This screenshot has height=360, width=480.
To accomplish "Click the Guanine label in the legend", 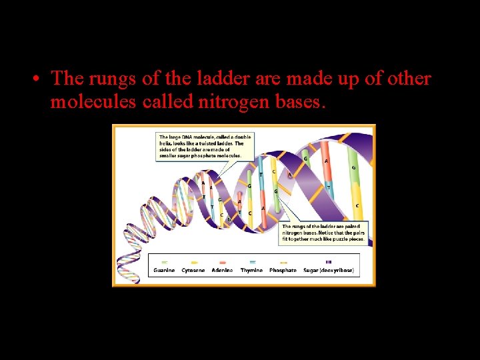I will [163, 271].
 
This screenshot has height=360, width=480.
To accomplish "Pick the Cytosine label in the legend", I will [197, 271].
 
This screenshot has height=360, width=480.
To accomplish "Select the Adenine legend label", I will [223, 271].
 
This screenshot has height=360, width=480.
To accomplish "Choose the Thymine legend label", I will [251, 271].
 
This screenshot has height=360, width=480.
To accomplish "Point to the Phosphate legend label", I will [283, 271].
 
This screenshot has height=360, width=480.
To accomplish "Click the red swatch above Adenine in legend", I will [223, 262].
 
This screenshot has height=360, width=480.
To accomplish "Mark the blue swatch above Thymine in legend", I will [251, 262].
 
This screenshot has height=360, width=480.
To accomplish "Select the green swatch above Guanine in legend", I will [164, 262].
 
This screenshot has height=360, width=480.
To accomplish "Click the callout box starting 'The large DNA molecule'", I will [201, 146].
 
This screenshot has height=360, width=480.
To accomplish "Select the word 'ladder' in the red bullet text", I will [213, 79].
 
